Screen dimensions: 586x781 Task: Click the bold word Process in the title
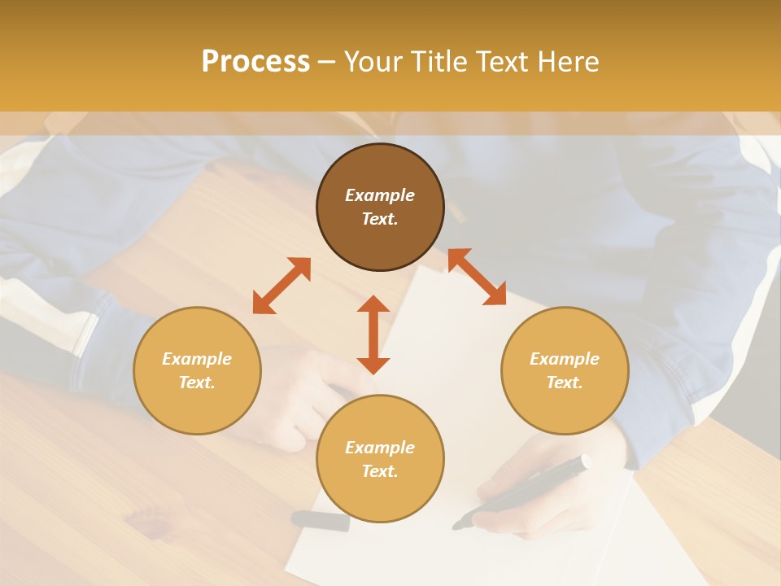(255, 62)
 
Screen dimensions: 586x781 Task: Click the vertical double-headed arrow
(373, 335)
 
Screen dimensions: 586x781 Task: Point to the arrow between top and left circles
(281, 286)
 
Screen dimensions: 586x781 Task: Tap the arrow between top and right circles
(477, 277)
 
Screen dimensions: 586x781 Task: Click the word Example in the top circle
(380, 195)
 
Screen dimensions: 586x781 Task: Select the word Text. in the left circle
(197, 383)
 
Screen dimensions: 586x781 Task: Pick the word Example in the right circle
(565, 359)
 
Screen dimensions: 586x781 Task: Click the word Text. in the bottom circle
(380, 471)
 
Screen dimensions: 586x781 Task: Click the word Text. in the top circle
(380, 219)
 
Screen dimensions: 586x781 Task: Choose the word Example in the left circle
(197, 359)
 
